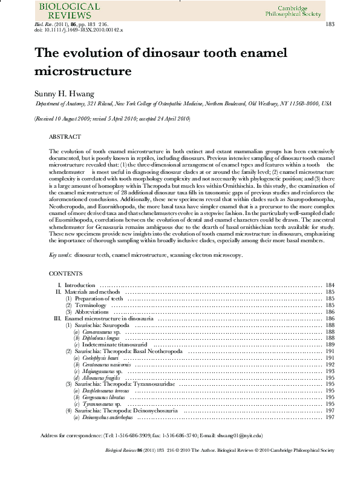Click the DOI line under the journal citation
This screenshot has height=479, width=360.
click(x=79, y=30)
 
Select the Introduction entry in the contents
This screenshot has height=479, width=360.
click(x=80, y=285)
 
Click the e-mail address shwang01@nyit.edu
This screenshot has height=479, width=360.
click(x=241, y=435)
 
